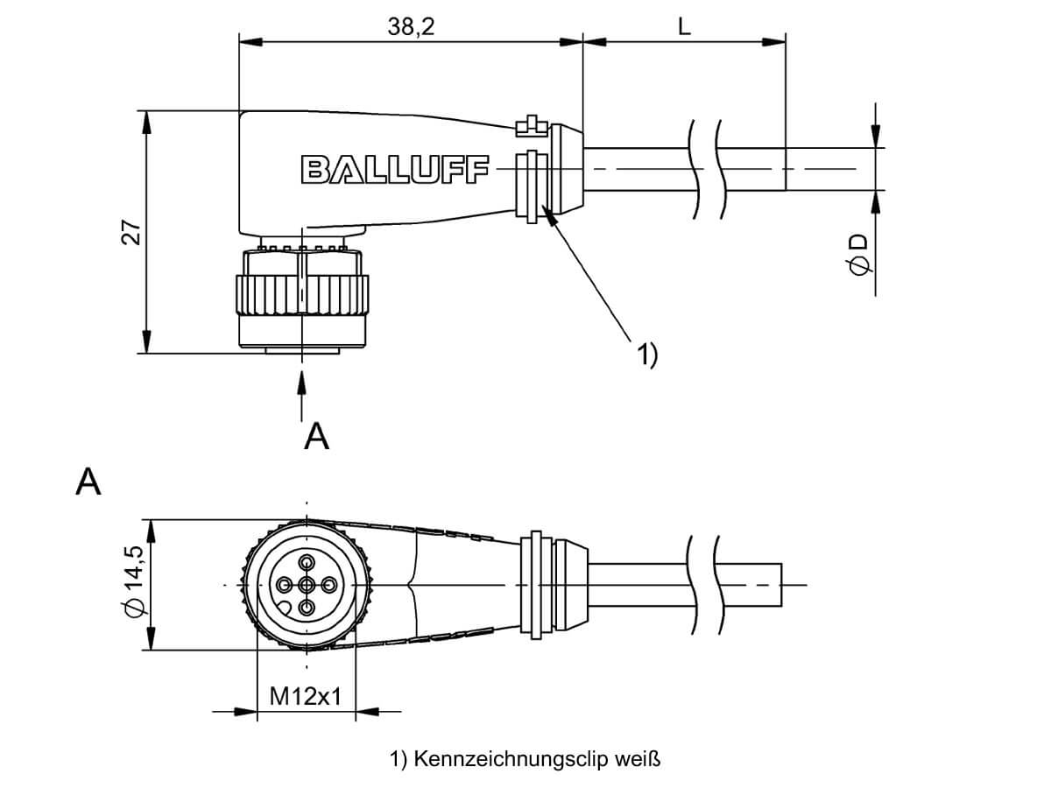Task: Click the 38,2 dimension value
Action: click(411, 27)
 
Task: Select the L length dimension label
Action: click(684, 27)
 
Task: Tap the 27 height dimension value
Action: click(131, 232)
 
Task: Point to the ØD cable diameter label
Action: click(858, 255)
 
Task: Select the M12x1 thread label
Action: click(306, 696)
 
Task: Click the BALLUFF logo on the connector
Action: click(395, 169)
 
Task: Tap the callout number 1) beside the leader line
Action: click(647, 355)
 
